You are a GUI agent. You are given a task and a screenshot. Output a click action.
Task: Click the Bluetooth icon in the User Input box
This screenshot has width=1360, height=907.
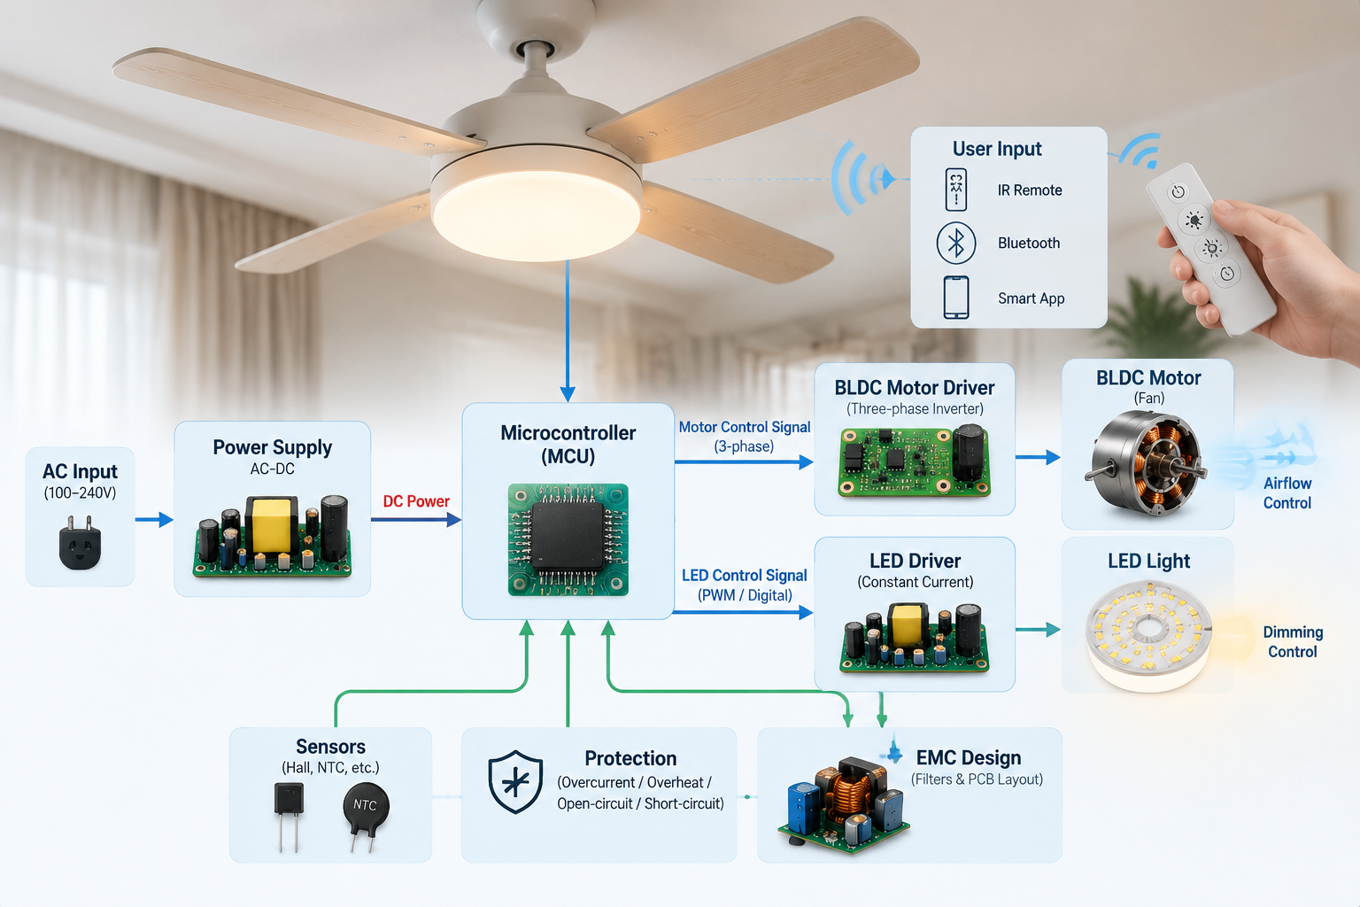tap(955, 244)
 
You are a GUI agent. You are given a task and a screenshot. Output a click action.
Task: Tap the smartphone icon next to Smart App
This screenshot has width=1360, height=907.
tap(955, 297)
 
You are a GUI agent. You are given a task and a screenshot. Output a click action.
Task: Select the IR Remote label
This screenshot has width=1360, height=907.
tap(1030, 190)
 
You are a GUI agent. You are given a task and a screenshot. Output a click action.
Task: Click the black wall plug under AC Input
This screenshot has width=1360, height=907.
tap(80, 542)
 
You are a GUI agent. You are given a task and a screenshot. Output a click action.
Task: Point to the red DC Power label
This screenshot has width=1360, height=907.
tap(416, 501)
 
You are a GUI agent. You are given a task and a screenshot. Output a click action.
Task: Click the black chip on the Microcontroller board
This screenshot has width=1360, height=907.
tap(568, 535)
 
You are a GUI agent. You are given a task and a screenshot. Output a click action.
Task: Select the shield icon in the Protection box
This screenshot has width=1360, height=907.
tap(514, 782)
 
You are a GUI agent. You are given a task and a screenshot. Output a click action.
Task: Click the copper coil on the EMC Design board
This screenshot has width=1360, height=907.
tap(849, 793)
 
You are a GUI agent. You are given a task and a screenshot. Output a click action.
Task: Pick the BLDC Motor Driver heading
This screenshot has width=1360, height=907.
tap(915, 388)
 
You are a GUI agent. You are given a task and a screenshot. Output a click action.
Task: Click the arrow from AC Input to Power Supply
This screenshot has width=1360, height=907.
tap(154, 519)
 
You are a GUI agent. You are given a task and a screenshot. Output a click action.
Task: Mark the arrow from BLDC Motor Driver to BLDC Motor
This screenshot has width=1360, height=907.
tap(1038, 457)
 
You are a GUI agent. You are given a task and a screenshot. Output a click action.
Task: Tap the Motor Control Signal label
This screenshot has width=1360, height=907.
tap(745, 427)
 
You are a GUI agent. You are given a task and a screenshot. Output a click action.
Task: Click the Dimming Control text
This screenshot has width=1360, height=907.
tap(1293, 641)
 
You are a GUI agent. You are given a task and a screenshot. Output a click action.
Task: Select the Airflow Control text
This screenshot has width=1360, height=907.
tap(1287, 492)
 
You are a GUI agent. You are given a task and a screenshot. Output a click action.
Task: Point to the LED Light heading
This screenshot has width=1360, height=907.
tap(1148, 561)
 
